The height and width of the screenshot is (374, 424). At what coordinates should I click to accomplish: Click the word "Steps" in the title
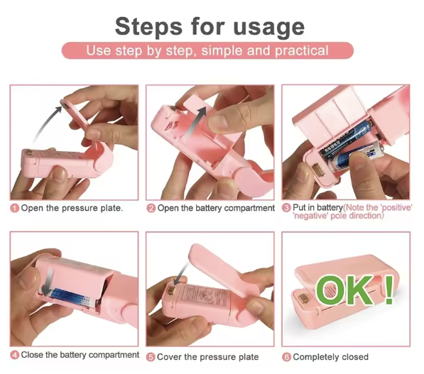click(148, 26)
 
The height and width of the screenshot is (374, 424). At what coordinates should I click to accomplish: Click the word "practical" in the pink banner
click(302, 51)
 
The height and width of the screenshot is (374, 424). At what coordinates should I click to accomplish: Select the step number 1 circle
click(15, 208)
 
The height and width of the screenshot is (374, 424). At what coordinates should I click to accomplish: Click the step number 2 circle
click(151, 209)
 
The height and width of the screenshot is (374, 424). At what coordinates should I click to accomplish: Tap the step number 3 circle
click(286, 208)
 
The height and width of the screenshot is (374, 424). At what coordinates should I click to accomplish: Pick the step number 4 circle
click(15, 355)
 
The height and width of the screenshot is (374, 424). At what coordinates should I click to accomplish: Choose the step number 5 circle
click(151, 357)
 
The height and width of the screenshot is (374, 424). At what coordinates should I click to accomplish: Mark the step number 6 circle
click(286, 357)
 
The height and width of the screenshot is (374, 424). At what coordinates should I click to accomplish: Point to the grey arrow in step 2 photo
click(195, 121)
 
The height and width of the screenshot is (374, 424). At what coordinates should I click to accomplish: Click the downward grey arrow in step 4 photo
click(48, 282)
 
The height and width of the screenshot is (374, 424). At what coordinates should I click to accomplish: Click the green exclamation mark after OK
click(389, 290)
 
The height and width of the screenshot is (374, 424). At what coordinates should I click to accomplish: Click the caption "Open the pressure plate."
click(72, 208)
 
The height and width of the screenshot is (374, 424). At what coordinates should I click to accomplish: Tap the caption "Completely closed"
click(330, 357)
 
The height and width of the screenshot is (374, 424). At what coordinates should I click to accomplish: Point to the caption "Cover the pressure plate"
click(207, 357)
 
